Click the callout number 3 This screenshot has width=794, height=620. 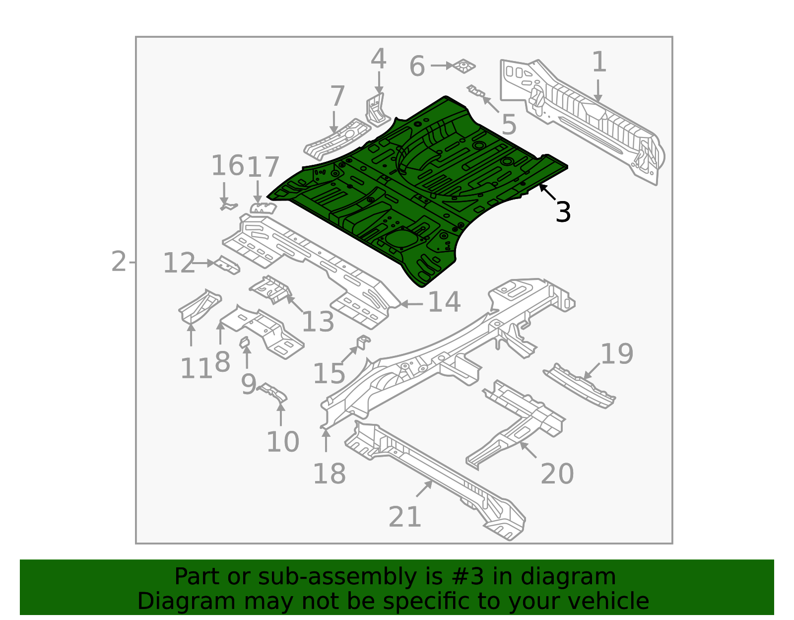(x=563, y=212)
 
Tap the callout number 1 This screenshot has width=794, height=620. (x=599, y=63)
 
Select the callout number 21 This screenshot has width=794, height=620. (x=405, y=517)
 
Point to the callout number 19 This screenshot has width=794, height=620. (x=617, y=354)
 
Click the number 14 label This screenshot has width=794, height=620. (x=444, y=302)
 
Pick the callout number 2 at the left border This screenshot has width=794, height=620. (x=119, y=262)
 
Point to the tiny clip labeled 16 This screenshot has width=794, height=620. (x=228, y=206)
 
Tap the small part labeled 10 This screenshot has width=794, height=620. (x=274, y=394)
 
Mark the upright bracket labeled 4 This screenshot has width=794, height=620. (x=376, y=108)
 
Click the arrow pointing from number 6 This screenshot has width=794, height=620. (x=441, y=66)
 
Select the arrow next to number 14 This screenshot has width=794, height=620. (x=411, y=304)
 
